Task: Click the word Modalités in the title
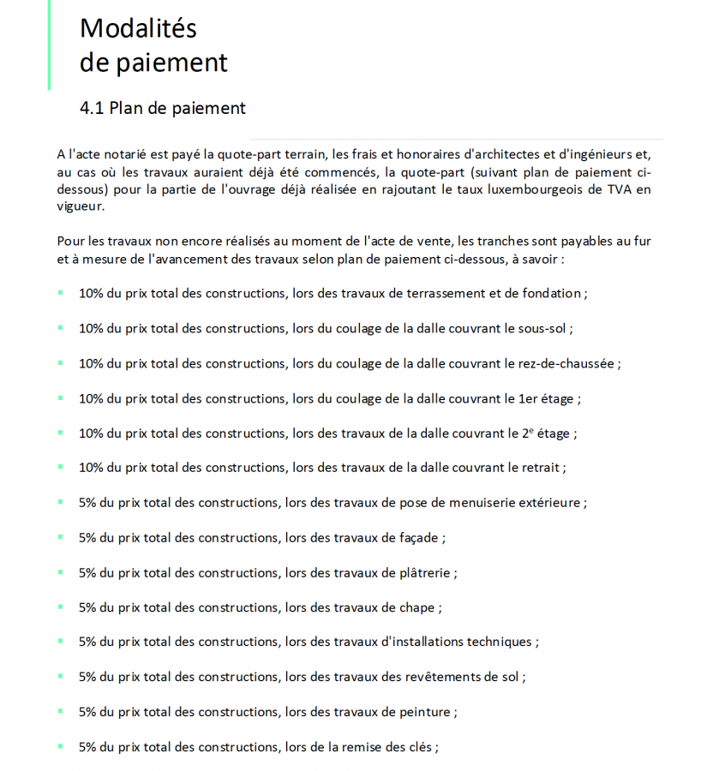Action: (x=138, y=28)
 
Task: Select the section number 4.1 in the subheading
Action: (x=92, y=108)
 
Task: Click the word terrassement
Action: (x=437, y=293)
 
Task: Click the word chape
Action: (x=417, y=607)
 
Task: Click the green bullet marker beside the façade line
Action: (x=61, y=537)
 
